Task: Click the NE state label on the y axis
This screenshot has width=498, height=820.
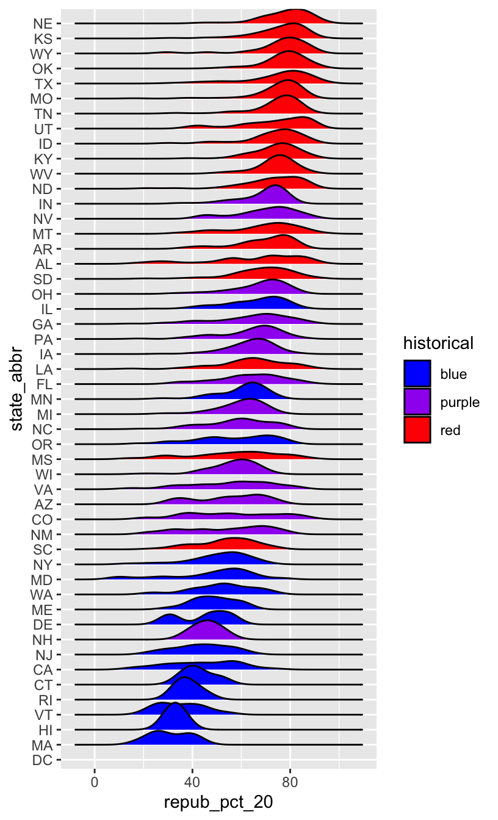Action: [43, 24]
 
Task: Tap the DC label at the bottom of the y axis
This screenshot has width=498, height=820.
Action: [43, 760]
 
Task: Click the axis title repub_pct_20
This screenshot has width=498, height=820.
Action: [218, 803]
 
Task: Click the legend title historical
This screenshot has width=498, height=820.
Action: [438, 343]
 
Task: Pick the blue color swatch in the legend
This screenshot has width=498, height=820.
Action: [417, 373]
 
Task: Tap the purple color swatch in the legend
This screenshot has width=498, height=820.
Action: [417, 401]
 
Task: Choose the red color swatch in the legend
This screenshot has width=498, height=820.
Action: [417, 430]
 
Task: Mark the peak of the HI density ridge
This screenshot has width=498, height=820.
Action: [176, 703]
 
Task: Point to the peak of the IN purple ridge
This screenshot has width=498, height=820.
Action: [276, 185]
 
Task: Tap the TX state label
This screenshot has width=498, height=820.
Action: [43, 83]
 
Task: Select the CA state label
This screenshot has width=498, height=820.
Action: [43, 670]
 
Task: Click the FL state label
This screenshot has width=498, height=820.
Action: [43, 384]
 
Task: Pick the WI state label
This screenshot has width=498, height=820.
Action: [43, 474]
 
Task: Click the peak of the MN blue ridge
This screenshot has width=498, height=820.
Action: [251, 383]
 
